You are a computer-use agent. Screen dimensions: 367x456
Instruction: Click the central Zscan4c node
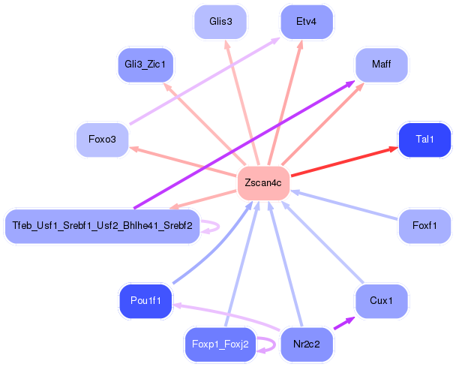click(x=262, y=183)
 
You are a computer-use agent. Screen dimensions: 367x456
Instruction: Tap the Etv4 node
click(x=306, y=22)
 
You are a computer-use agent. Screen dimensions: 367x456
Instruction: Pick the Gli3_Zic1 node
click(x=145, y=65)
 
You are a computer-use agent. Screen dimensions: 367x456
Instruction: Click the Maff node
click(x=381, y=65)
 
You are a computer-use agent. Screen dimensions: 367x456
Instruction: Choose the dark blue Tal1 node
click(x=424, y=140)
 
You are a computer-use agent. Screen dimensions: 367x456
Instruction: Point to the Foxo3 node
click(x=102, y=140)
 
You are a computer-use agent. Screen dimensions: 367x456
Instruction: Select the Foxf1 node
click(x=424, y=226)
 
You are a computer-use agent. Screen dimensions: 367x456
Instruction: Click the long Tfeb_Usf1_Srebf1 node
click(x=102, y=225)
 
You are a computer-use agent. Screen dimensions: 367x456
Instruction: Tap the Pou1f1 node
click(x=145, y=300)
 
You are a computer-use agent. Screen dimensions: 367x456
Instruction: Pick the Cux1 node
click(x=381, y=300)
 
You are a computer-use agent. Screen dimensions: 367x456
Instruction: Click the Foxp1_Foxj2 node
click(x=220, y=344)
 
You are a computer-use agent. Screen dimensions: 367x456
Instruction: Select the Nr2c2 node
click(x=306, y=344)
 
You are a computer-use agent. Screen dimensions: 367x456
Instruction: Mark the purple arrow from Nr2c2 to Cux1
click(x=342, y=323)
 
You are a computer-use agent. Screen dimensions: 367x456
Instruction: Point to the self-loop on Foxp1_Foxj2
click(x=268, y=344)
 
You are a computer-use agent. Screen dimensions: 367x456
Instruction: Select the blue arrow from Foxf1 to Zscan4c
click(x=345, y=205)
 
